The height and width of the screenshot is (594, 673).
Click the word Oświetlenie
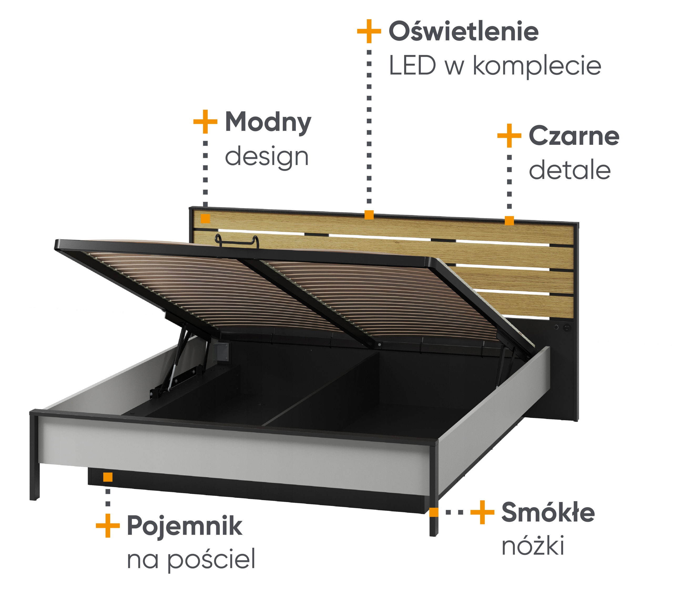click(463, 31)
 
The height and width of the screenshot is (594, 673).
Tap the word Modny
click(268, 122)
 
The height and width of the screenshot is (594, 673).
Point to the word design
click(267, 157)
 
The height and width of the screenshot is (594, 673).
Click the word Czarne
click(574, 136)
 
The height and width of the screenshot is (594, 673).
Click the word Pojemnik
click(184, 526)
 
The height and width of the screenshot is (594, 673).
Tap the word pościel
click(211, 560)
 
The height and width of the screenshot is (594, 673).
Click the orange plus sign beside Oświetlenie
click(369, 31)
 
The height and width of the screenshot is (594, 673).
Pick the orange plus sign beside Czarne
click(509, 135)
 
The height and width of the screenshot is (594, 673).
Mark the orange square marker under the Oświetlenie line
click(369, 215)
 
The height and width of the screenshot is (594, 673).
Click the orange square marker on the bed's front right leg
click(434, 512)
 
